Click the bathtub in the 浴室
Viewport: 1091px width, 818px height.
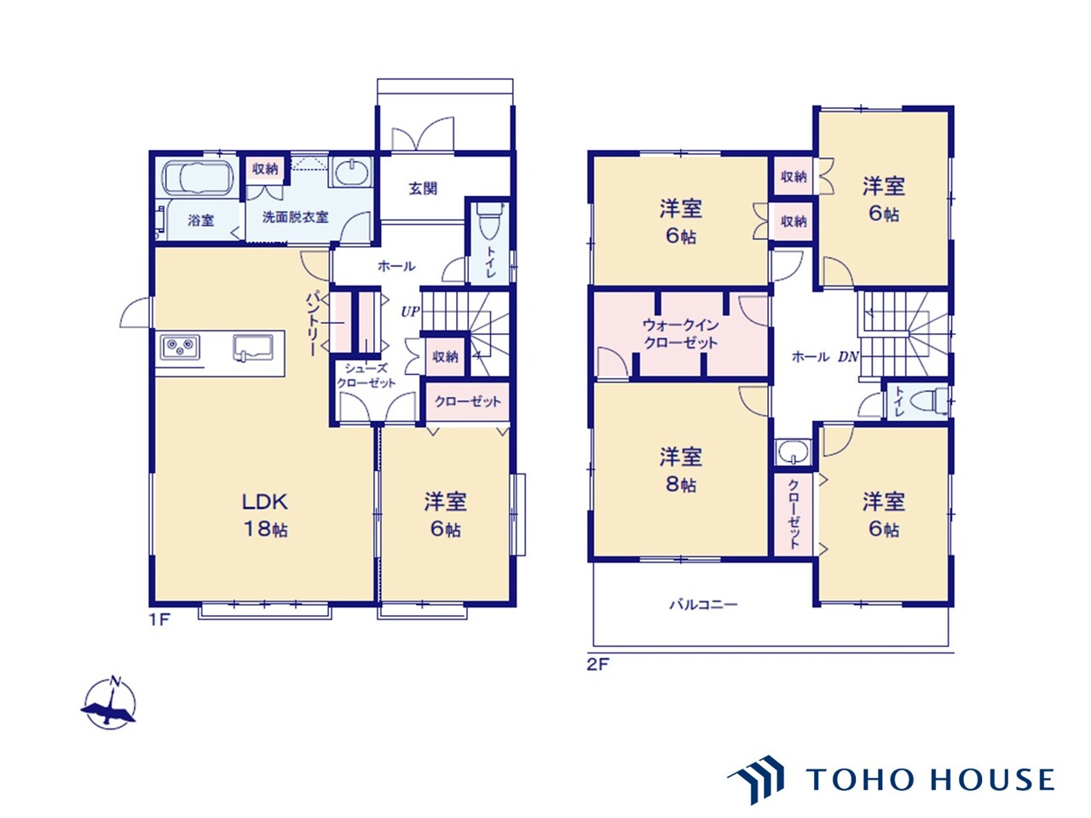198,178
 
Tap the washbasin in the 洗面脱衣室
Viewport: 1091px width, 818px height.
351,172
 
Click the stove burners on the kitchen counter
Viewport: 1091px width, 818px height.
180,347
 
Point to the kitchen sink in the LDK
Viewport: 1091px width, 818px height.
253,348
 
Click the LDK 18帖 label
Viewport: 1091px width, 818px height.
265,515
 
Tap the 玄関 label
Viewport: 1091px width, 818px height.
423,188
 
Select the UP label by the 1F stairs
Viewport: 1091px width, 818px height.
410,312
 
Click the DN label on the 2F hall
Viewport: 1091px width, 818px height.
848,357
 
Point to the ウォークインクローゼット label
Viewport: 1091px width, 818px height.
680,334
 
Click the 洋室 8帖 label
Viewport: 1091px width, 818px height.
681,469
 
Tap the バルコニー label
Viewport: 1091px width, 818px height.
703,604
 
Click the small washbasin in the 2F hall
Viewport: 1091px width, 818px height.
793,452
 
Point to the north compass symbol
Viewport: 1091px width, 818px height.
109,703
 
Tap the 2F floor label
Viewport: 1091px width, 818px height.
598,665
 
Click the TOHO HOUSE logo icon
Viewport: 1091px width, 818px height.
756,780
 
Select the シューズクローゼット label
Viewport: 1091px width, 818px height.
367,376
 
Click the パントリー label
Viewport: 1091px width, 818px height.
312,324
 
